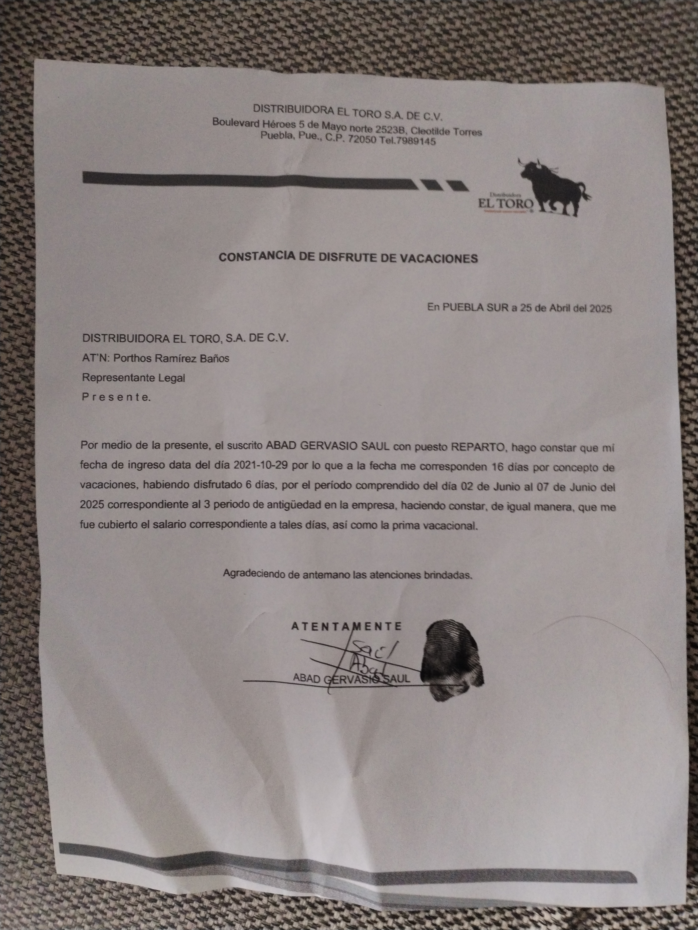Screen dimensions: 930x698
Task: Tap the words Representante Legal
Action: pyautogui.click(x=133, y=378)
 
